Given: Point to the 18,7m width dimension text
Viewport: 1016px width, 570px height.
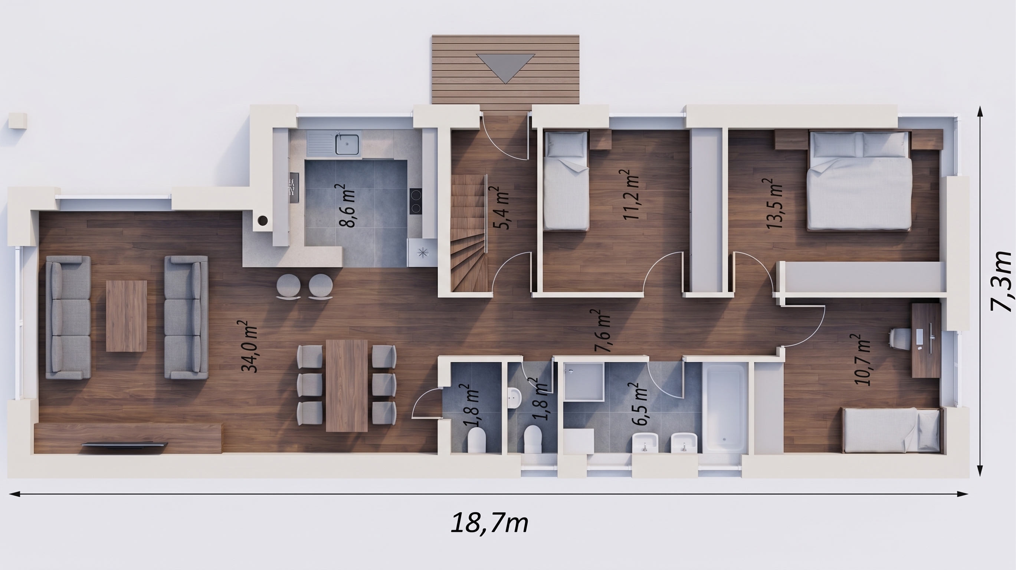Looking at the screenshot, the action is coord(489,523).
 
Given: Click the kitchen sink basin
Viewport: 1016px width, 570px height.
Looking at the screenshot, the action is coord(347,144).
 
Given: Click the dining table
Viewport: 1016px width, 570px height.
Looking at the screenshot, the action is coord(347,386).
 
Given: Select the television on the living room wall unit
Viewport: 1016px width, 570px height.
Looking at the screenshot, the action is coord(125,445).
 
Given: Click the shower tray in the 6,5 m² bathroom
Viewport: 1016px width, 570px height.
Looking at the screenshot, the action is coord(584,381).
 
